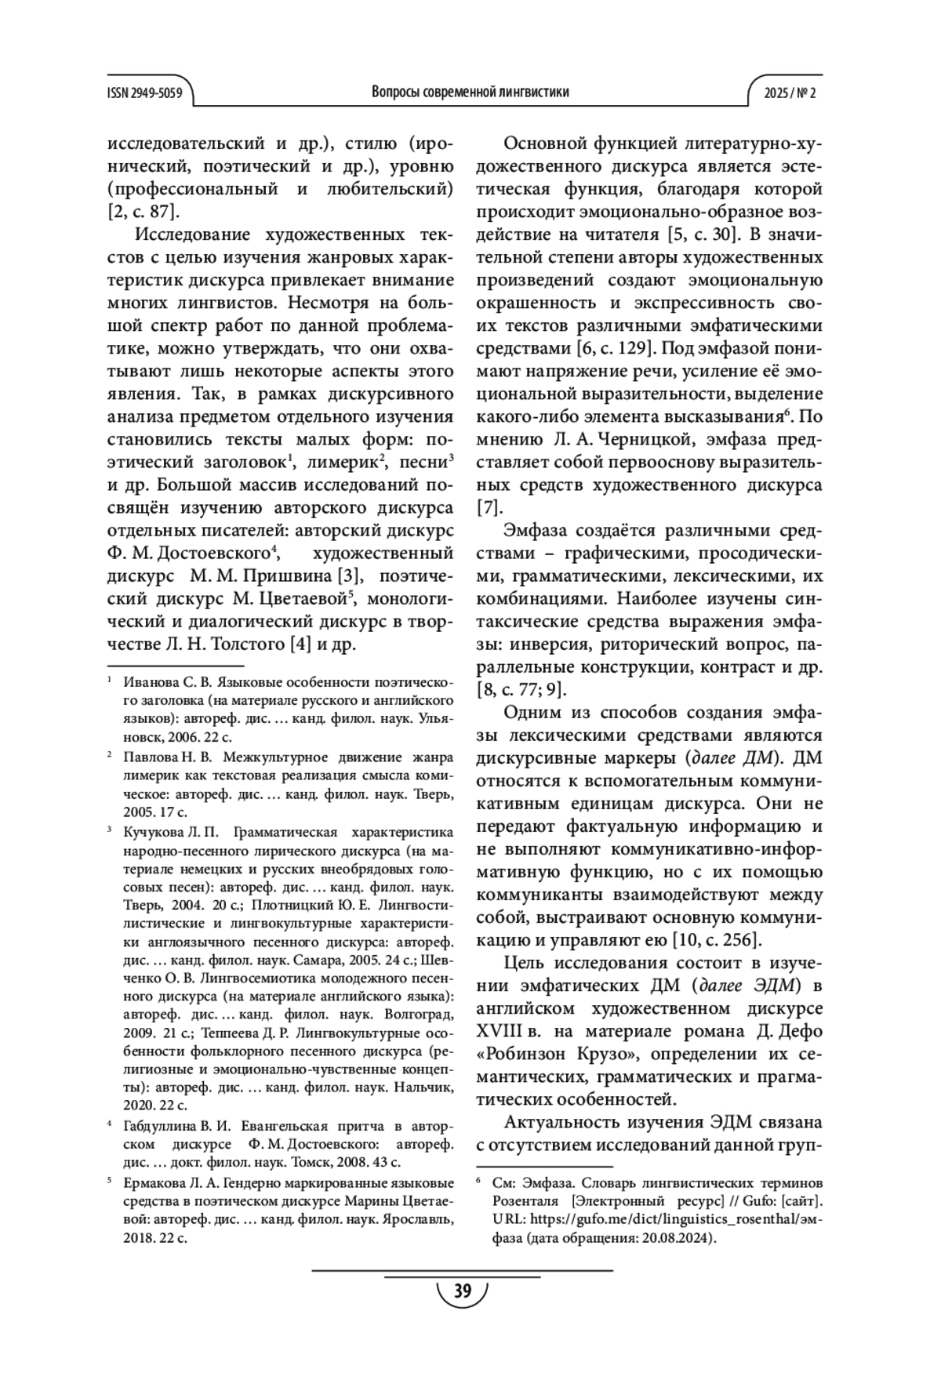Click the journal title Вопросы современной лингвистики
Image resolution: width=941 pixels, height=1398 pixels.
pyautogui.click(x=470, y=93)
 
